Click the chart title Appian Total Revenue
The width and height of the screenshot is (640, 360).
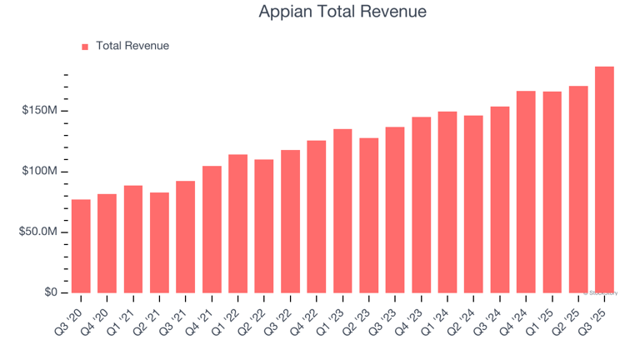tap(342, 12)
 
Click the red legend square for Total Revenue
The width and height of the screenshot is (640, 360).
tap(85, 47)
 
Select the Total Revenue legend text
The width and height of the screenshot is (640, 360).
tap(132, 46)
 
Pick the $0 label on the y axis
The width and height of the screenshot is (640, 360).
tap(49, 292)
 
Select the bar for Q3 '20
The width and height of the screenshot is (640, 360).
tap(81, 247)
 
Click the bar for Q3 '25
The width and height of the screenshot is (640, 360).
tap(604, 180)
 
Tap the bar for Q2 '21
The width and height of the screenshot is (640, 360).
tap(159, 242)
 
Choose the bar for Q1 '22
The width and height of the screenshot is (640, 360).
tap(237, 223)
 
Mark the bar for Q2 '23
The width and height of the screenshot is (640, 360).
tap(369, 215)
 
